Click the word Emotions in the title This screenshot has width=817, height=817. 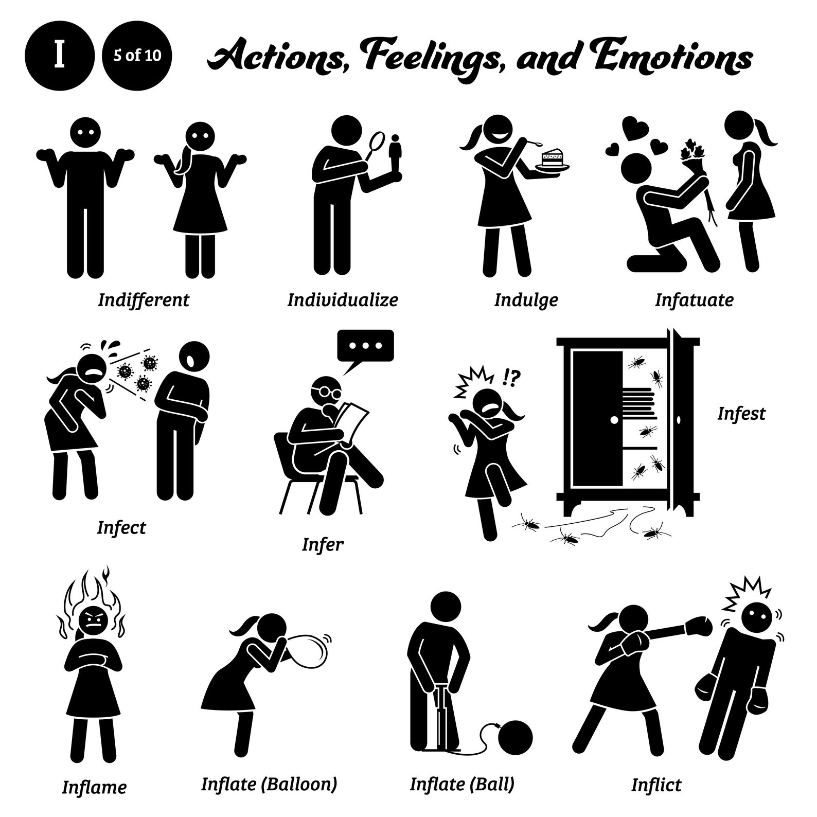[x=674, y=58]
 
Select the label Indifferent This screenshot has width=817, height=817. [x=144, y=299]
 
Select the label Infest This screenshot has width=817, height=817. [x=741, y=413]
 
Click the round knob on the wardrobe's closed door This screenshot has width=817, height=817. [x=614, y=420]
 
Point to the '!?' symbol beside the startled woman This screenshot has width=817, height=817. [x=512, y=378]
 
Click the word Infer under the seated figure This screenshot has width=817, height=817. [x=322, y=544]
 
